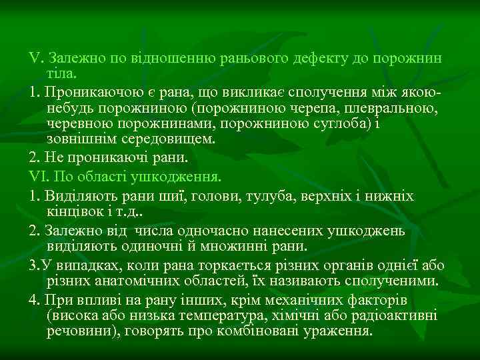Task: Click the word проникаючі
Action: (109, 159)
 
